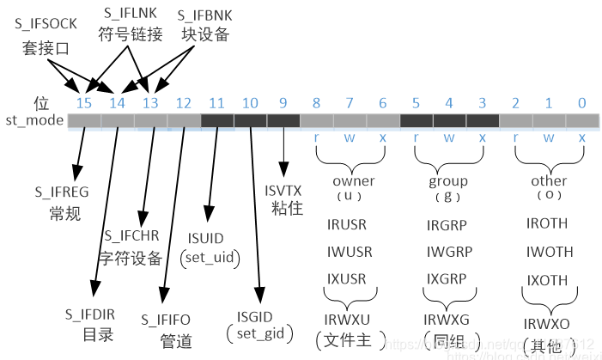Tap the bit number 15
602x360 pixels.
(x=83, y=103)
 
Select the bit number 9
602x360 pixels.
(x=283, y=103)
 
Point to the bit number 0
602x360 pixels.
(x=581, y=103)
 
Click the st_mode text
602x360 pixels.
(x=34, y=120)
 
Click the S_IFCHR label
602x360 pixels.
(x=134, y=235)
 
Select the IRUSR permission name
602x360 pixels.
(x=346, y=225)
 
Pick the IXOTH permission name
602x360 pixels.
(x=547, y=280)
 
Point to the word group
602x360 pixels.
(x=448, y=181)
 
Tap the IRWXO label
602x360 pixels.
(x=547, y=324)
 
